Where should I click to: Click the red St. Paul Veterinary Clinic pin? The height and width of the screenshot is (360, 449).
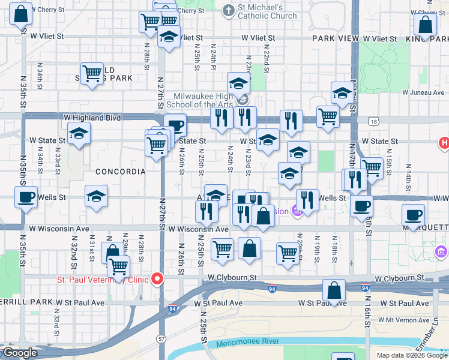point(157,278)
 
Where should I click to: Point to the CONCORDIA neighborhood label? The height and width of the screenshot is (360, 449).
point(121,172)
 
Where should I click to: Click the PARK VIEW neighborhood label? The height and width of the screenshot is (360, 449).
point(336,38)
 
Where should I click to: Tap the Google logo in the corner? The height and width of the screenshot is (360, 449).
point(19,353)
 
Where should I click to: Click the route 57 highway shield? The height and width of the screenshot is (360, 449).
point(161,339)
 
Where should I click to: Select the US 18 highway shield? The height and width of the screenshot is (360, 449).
point(375,122)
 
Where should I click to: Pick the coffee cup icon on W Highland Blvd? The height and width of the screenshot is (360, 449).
point(175,125)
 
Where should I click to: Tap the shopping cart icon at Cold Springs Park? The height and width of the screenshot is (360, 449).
point(92,74)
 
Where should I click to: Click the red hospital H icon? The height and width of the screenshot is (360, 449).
point(444,143)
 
